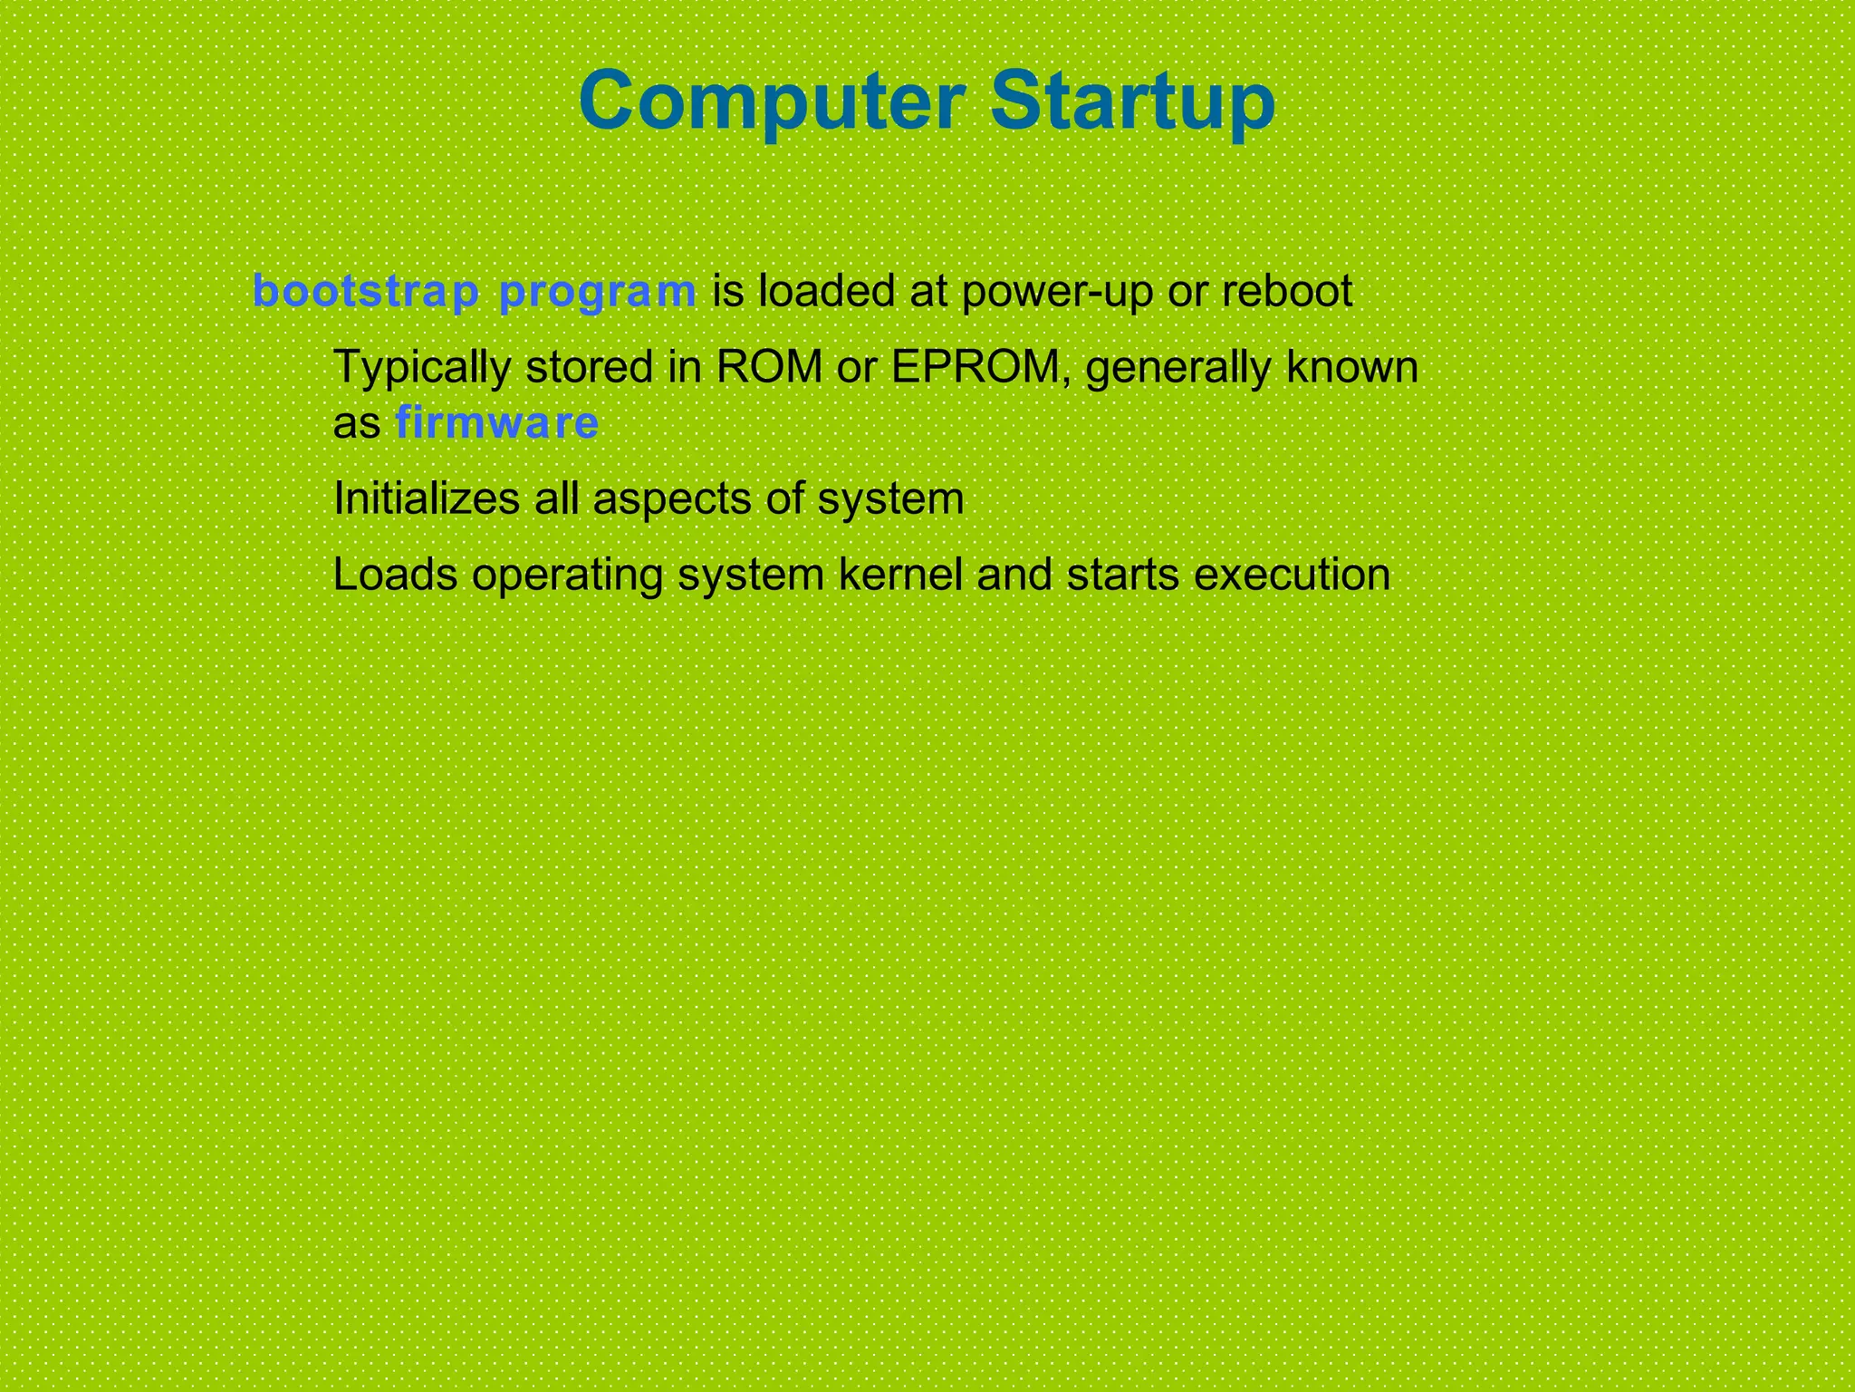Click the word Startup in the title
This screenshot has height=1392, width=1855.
[1132, 101]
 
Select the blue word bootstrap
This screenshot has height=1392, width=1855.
[366, 292]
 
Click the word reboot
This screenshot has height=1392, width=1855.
[1286, 292]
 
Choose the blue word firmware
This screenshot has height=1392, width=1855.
[497, 423]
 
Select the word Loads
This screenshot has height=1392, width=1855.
[395, 575]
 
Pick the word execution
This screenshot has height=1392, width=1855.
[1292, 575]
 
